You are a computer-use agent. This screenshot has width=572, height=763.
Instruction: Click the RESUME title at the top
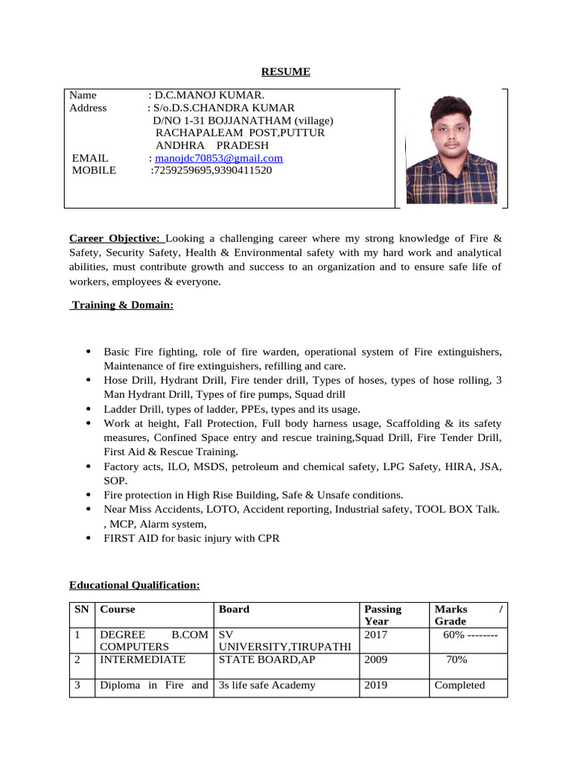pos(285,72)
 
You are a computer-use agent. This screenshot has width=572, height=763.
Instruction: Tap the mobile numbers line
pos(212,171)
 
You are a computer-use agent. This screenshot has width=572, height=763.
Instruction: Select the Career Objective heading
pos(115,238)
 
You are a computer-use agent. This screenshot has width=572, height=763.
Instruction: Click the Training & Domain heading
pos(122,305)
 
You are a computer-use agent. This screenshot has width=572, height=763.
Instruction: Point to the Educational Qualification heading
pos(134,586)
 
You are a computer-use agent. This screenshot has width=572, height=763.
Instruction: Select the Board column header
pos(234,610)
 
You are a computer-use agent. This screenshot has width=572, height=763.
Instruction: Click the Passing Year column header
pos(383,615)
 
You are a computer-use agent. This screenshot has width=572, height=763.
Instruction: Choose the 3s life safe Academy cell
pos(267,686)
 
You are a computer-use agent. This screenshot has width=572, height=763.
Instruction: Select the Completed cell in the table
pos(460,686)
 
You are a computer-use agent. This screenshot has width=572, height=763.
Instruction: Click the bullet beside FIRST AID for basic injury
pos(89,538)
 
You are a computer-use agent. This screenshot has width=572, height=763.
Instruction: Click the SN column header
pos(82,610)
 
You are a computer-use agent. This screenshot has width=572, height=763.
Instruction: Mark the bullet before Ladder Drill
pos(89,409)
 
